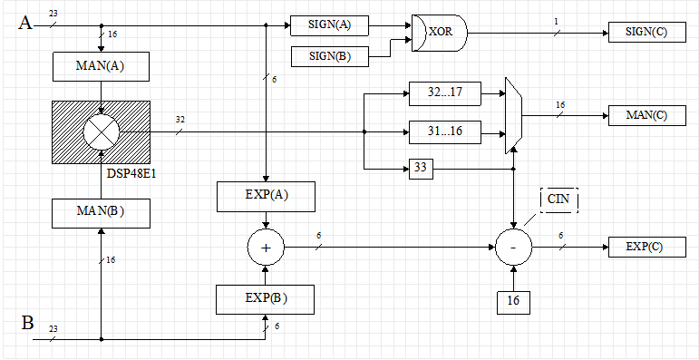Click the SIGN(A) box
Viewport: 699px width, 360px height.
330,25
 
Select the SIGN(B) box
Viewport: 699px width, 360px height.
330,57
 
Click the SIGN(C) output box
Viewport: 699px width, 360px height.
646,33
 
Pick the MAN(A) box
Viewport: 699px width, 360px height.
101,66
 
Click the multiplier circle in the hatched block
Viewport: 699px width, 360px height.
101,133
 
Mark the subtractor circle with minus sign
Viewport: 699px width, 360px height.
513,246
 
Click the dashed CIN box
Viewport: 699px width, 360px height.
558,199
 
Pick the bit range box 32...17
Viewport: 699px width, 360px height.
444,92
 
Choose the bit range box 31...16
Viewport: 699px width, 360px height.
444,132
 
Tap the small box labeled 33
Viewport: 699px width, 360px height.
420,169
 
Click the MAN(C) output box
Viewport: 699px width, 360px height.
646,115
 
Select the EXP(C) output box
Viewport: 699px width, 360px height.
646,246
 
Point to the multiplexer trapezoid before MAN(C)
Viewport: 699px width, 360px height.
513,114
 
